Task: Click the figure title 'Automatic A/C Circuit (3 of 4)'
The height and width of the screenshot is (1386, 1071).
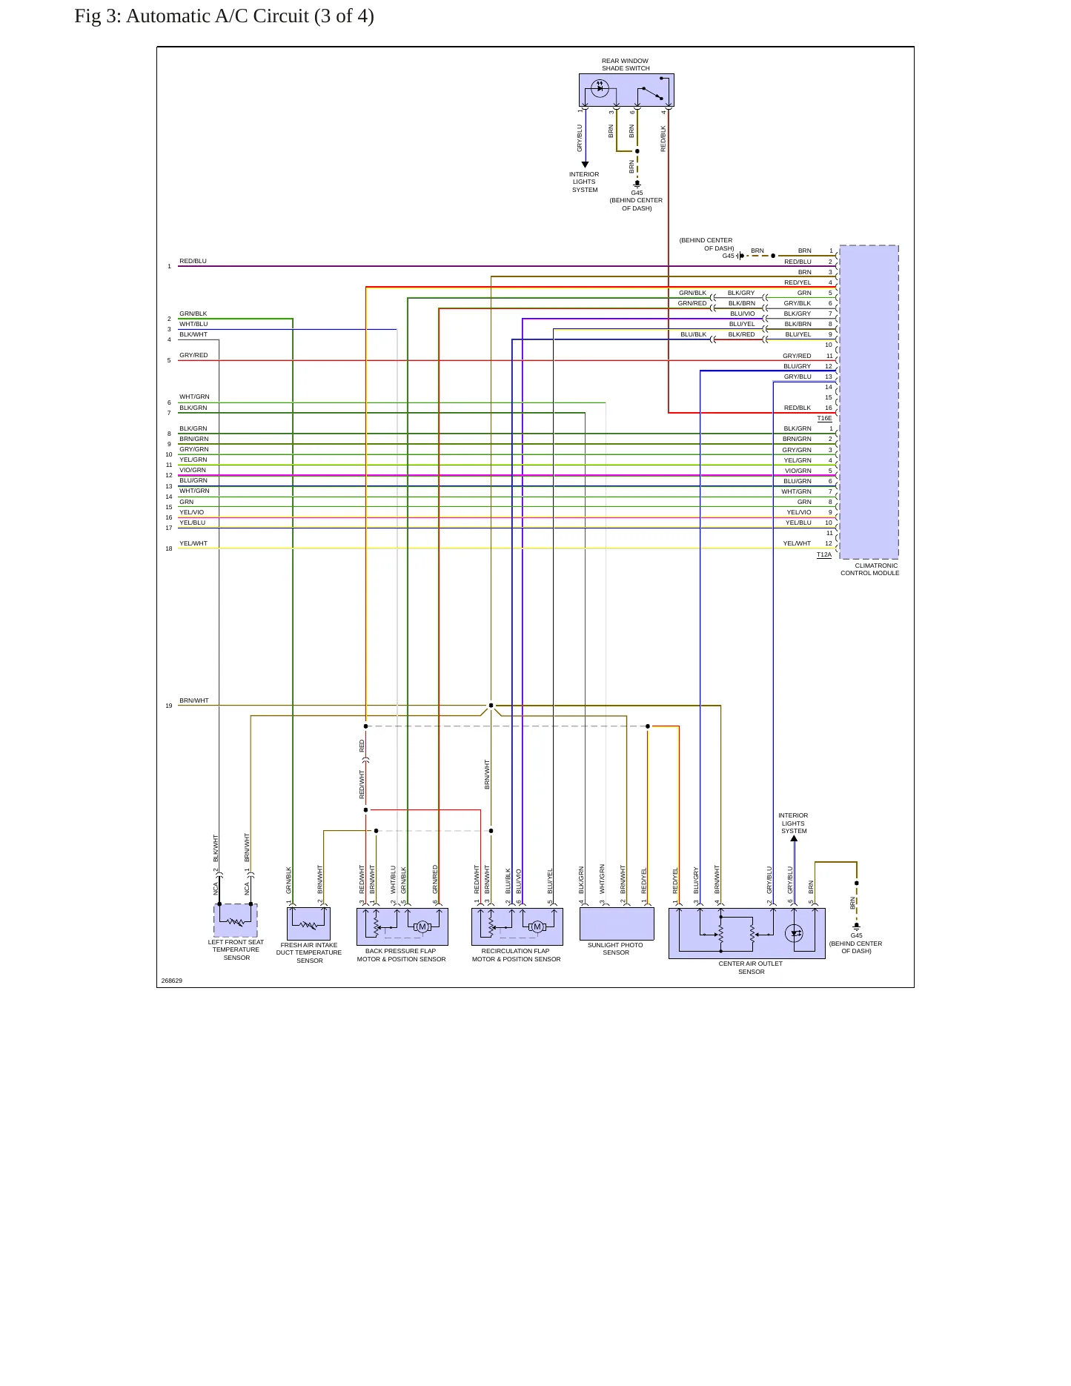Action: pyautogui.click(x=250, y=16)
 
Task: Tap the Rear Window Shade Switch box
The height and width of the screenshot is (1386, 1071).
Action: pyautogui.click(x=626, y=90)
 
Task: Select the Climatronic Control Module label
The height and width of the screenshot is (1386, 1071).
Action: pyautogui.click(x=870, y=569)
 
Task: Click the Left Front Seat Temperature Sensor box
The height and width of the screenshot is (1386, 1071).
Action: pyautogui.click(x=236, y=921)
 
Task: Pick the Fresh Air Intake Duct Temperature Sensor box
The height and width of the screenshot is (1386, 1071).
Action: pyautogui.click(x=308, y=924)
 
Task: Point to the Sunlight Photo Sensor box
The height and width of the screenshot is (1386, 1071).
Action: pyautogui.click(x=617, y=924)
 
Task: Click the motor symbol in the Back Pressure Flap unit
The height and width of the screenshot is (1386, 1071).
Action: pyautogui.click(x=422, y=926)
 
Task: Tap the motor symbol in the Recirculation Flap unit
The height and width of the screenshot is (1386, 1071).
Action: pyautogui.click(x=537, y=926)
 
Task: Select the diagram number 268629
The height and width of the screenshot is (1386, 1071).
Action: pyautogui.click(x=172, y=981)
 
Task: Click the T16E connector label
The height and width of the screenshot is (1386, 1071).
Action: pyautogui.click(x=824, y=418)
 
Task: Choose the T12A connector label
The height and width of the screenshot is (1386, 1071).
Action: pyautogui.click(x=824, y=554)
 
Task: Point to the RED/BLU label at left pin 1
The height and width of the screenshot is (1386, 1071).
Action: pyautogui.click(x=193, y=261)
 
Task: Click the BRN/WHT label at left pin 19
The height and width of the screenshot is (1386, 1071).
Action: pyautogui.click(x=194, y=700)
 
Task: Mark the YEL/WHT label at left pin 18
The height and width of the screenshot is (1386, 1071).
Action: pyautogui.click(x=193, y=543)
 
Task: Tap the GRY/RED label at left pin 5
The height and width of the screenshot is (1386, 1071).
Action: pyautogui.click(x=193, y=355)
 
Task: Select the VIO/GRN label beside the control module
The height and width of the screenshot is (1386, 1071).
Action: pyautogui.click(x=798, y=471)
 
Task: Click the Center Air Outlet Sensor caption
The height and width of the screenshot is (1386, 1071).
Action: pyautogui.click(x=751, y=967)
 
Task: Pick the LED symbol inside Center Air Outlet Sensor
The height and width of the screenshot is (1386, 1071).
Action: pyautogui.click(x=795, y=932)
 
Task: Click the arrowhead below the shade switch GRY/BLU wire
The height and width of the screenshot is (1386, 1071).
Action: pyautogui.click(x=585, y=165)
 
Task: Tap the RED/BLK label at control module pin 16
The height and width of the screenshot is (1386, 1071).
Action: pyautogui.click(x=798, y=408)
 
